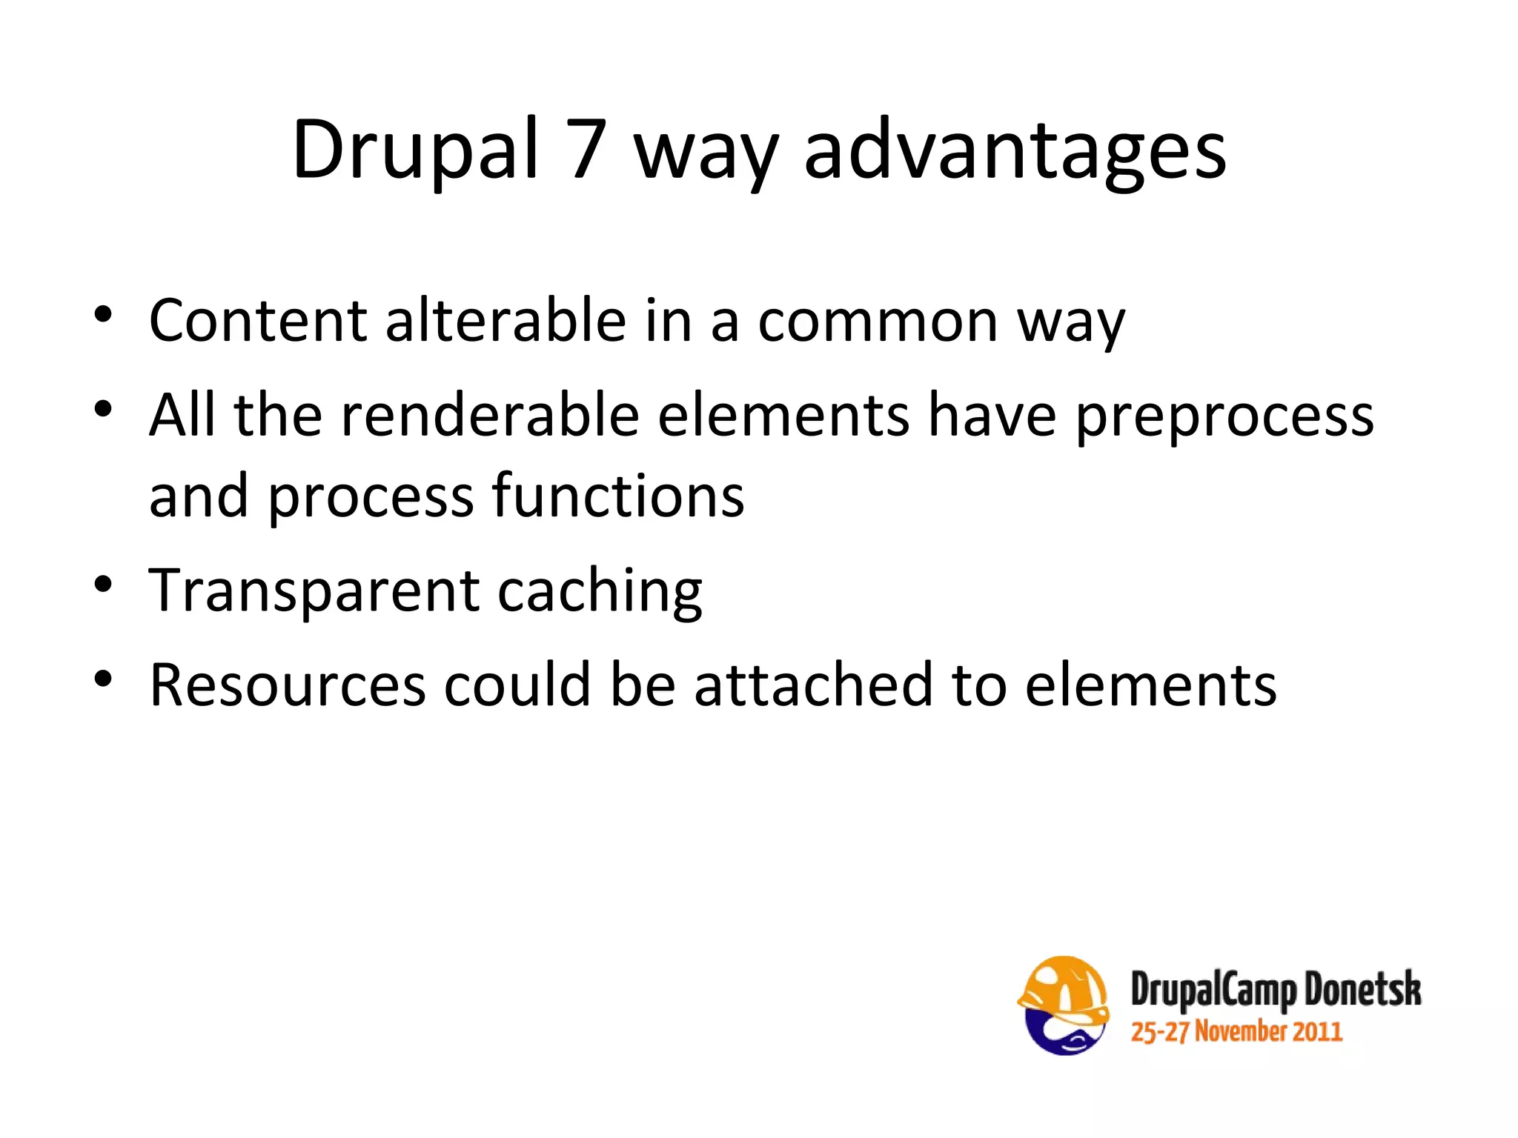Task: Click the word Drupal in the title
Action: pyautogui.click(x=415, y=151)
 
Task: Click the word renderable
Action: pyautogui.click(x=490, y=415)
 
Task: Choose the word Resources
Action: pyautogui.click(x=288, y=685)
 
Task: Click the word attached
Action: pyautogui.click(x=814, y=685)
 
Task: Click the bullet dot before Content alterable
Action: pyautogui.click(x=103, y=314)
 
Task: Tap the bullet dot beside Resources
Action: pyautogui.click(x=103, y=679)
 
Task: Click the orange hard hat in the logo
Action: pyautogui.click(x=1063, y=985)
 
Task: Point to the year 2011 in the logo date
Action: pyautogui.click(x=1317, y=1032)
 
